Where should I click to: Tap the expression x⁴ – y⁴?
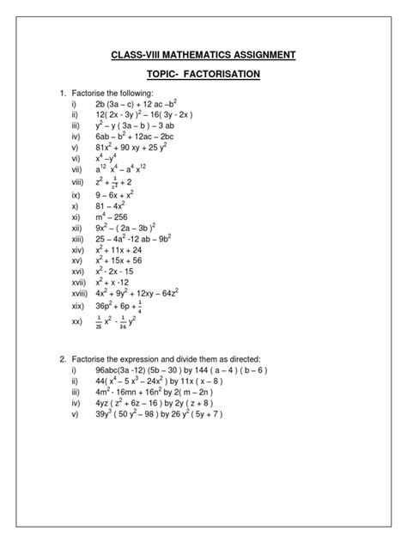coord(107,159)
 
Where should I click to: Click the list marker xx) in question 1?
coord(77,322)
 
